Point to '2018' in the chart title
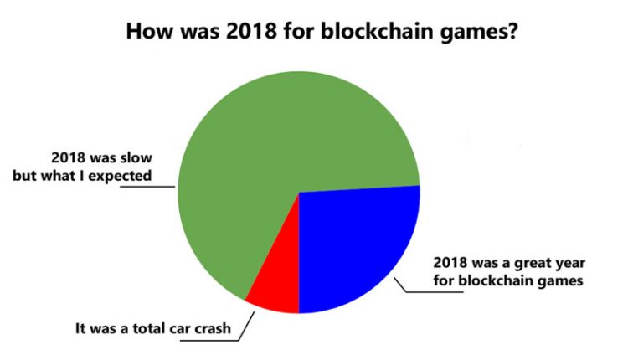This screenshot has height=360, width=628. click(x=251, y=31)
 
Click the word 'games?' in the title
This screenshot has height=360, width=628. click(x=480, y=32)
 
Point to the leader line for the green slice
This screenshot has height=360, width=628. click(x=147, y=187)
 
